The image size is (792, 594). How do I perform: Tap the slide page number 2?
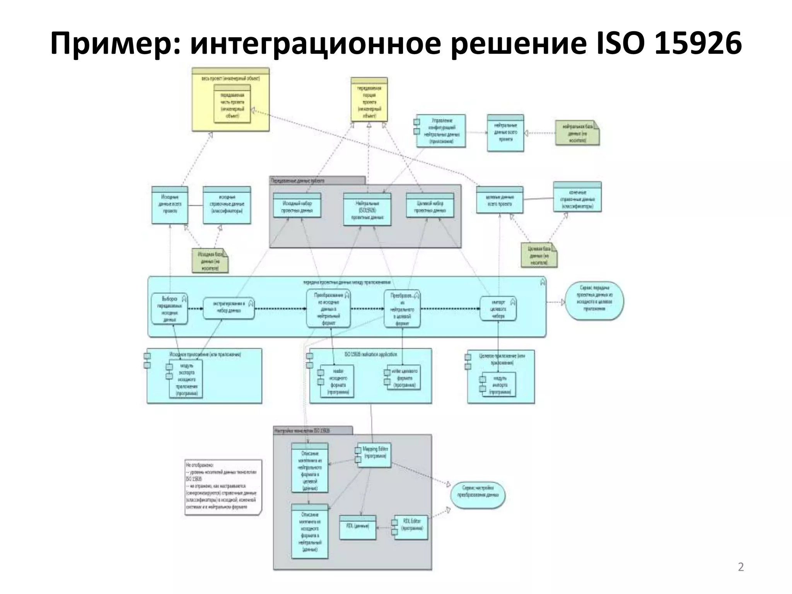coord(741,567)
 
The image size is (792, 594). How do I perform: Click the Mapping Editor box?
coord(374,454)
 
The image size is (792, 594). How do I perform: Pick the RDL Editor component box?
coord(411,527)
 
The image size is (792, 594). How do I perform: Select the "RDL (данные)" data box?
coord(358,527)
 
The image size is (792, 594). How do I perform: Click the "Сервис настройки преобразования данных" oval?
coord(478,495)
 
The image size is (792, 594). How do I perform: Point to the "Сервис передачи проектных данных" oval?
coord(594,300)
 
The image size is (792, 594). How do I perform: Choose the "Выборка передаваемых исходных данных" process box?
coord(169,309)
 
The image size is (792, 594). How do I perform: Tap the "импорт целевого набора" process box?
coord(498,309)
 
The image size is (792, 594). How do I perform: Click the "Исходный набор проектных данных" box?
coord(297,207)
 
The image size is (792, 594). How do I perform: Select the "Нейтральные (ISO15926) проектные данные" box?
coord(367,209)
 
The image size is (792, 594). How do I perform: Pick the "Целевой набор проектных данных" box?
coord(430,207)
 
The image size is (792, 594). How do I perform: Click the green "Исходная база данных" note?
coord(210,260)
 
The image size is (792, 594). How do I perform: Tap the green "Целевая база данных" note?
coord(539,255)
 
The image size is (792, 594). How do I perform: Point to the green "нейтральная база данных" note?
coord(577,133)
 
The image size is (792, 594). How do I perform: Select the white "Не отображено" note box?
coord(223,487)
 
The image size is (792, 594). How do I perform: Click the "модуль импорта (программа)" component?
coord(498,385)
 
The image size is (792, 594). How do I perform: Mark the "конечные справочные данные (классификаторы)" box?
coord(577,197)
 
